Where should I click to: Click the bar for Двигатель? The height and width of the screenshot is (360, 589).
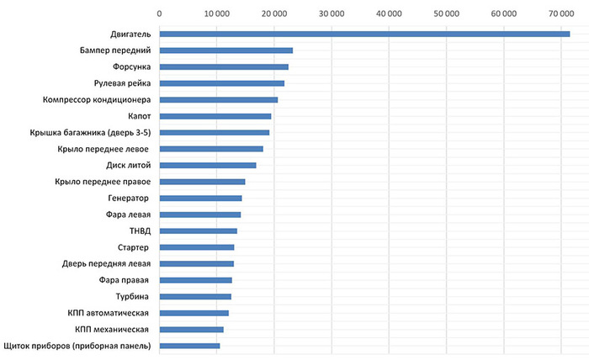tap(364, 34)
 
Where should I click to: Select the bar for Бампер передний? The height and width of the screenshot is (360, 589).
tap(226, 50)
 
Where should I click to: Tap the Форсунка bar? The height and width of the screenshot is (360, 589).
tap(224, 66)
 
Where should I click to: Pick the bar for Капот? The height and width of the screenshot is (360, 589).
tap(215, 116)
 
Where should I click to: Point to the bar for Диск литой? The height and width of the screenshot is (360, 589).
tap(208, 165)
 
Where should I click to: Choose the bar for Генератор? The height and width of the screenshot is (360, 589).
tap(200, 198)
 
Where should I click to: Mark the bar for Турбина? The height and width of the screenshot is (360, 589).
tap(195, 296)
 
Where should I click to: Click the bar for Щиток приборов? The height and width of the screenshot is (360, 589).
tap(189, 346)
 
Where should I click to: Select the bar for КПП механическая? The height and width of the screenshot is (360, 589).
tap(191, 329)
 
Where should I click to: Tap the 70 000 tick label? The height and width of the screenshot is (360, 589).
tap(560, 13)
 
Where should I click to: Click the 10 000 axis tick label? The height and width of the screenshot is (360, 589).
tap(216, 13)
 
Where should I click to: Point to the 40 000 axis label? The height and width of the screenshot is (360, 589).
tap(389, 13)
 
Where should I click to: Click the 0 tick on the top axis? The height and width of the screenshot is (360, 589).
tap(159, 13)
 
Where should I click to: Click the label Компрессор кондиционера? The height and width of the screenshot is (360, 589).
tap(97, 99)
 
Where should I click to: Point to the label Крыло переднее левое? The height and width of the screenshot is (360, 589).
tap(103, 149)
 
